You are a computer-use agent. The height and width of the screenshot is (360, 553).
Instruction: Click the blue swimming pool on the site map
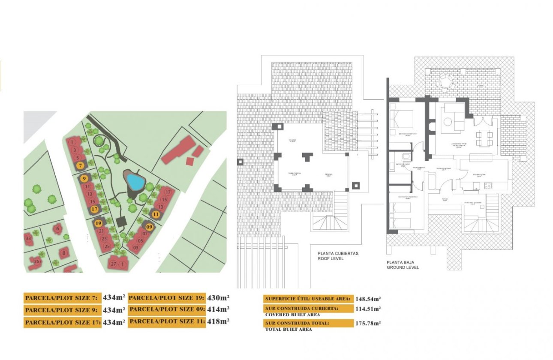[135, 182]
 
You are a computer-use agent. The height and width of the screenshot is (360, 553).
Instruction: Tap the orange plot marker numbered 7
[80, 165]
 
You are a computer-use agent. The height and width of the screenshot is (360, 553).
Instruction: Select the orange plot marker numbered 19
[99, 223]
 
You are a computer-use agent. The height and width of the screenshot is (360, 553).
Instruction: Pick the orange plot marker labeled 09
[149, 227]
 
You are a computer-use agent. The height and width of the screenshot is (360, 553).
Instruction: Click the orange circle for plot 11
[156, 214]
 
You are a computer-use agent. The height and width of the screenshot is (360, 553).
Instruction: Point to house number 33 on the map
[29, 238]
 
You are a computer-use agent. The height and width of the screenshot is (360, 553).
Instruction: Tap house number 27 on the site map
[114, 264]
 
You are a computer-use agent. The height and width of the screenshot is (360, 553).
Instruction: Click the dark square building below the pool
[121, 221]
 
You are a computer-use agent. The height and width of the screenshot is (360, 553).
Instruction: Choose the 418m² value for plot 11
[218, 321]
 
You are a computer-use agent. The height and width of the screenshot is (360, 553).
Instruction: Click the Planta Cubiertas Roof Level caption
[338, 256]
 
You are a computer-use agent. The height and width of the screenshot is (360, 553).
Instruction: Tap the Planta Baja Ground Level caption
[403, 265]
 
